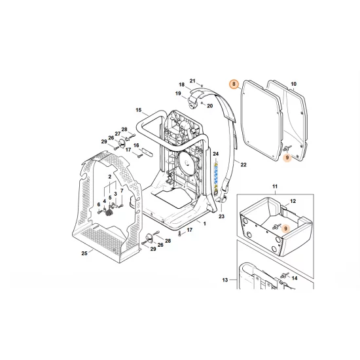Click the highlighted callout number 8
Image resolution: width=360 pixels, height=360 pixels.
pos(234,84)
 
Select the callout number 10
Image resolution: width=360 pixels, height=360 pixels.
pos(293,84)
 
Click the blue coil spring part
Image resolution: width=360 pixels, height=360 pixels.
pos(214,176)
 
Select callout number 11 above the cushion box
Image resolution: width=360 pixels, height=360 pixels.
pos(275,187)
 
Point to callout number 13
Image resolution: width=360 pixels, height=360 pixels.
pos(225,279)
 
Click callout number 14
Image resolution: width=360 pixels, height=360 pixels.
pos(293,279)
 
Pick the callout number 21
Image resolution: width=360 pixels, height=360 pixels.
pos(192,81)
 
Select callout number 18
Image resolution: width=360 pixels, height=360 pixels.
pos(181,85)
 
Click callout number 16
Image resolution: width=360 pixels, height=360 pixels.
pos(137,145)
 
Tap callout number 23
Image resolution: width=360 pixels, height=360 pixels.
pos(221,217)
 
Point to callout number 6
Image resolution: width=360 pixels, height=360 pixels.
pos(99,204)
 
